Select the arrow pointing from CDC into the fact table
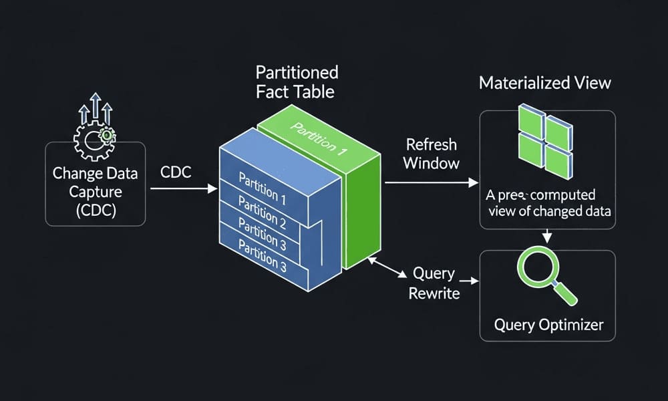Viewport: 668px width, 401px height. [184, 189]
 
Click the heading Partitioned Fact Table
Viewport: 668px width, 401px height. [297, 82]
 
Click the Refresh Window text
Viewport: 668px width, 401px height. [431, 153]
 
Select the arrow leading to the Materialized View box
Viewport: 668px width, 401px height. [431, 181]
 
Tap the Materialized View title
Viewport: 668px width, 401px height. [544, 84]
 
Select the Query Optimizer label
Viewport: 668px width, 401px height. [548, 325]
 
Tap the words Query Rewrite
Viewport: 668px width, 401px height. [434, 283]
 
